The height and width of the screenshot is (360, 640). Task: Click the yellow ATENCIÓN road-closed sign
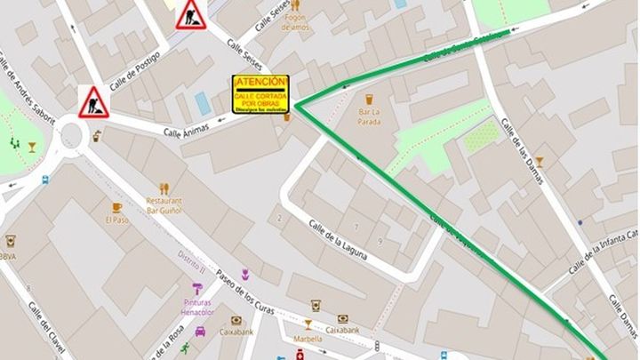[x=261, y=94]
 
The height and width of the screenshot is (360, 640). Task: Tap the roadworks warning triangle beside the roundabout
[x=92, y=103]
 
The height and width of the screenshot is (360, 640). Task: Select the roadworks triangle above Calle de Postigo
[x=190, y=15]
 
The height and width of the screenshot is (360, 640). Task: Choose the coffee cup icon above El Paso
[x=116, y=207]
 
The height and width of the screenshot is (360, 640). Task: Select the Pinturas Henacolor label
[x=197, y=307]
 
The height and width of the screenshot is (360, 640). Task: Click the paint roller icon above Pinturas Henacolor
[x=197, y=287]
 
